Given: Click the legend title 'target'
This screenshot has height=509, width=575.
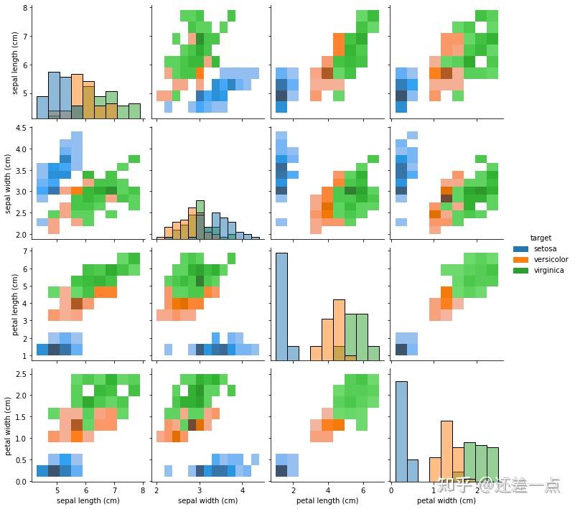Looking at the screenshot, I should (x=541, y=237).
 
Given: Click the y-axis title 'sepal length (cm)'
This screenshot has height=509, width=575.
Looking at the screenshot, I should (x=16, y=63).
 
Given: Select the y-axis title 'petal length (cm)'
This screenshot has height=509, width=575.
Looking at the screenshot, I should (x=16, y=303).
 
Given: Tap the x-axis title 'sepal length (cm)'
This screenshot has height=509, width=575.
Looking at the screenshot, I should (x=88, y=500).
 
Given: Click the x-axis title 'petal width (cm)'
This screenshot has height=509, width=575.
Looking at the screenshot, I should (x=446, y=500).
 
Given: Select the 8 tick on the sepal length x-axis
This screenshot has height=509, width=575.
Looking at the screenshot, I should (x=142, y=490).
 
